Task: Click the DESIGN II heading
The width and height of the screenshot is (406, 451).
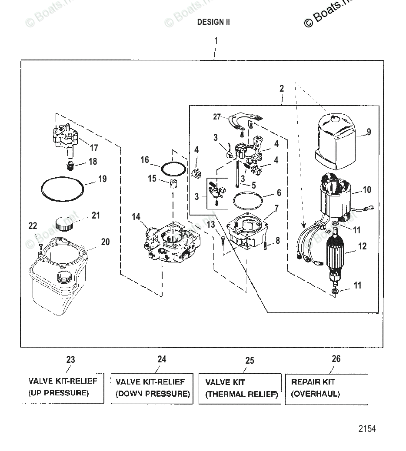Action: [x=213, y=22]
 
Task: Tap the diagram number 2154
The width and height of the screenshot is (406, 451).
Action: [x=367, y=429]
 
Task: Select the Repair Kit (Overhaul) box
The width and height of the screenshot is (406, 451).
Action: [x=326, y=388]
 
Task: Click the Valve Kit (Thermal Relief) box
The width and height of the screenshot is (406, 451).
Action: [x=241, y=388]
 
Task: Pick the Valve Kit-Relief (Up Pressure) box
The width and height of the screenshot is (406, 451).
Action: [x=63, y=388]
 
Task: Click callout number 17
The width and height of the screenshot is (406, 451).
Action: [x=94, y=148]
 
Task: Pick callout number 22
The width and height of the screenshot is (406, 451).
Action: [x=33, y=226]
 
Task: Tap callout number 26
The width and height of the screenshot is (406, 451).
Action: [x=336, y=359]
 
